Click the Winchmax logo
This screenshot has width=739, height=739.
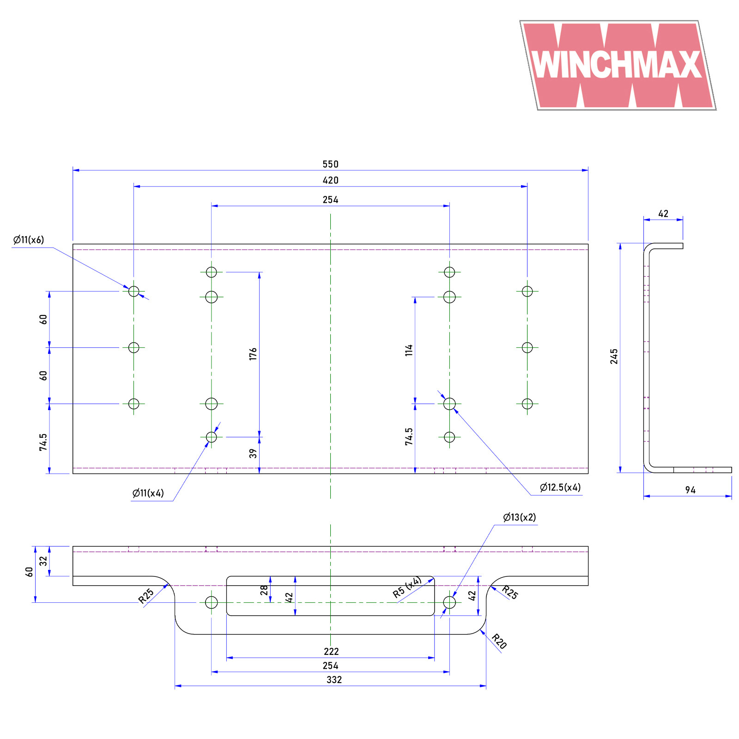tap(618, 65)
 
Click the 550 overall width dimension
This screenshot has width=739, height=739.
tap(330, 164)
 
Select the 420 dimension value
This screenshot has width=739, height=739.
tap(330, 181)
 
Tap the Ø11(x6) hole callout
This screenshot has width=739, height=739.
tap(29, 240)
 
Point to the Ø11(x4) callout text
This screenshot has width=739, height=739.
tap(148, 493)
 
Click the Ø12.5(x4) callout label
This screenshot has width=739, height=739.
tap(560, 487)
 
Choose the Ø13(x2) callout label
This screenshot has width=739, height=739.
tap(519, 517)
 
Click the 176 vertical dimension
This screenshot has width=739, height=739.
tap(253, 354)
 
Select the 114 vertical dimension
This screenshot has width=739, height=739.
tap(409, 350)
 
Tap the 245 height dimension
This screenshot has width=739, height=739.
tap(614, 356)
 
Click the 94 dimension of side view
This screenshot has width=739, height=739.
tap(690, 490)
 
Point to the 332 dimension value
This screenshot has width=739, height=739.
tap(334, 680)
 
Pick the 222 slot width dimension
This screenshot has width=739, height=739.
tap(331, 652)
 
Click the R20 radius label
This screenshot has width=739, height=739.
tap(499, 641)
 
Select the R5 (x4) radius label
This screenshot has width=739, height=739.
tap(407, 588)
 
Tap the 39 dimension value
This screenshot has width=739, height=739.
tap(253, 454)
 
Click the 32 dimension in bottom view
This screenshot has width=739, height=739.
tap(43, 561)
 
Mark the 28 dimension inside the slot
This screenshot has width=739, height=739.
tap(264, 590)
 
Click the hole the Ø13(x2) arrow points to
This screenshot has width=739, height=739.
tap(449, 602)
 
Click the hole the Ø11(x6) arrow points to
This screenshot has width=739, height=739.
tap(133, 291)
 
